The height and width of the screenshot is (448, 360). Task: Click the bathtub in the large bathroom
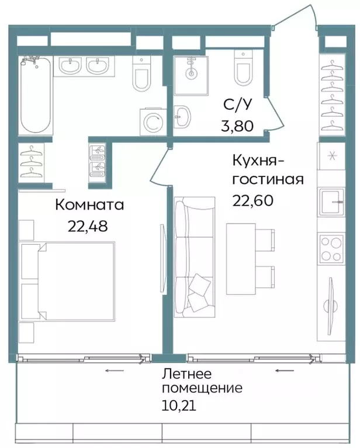(x=36, y=96)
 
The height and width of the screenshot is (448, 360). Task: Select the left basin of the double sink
(x=70, y=67)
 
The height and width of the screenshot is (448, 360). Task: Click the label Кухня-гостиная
(x=268, y=169)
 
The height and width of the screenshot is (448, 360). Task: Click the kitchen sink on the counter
(x=332, y=202)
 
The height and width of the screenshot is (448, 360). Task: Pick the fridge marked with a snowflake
(x=332, y=157)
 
